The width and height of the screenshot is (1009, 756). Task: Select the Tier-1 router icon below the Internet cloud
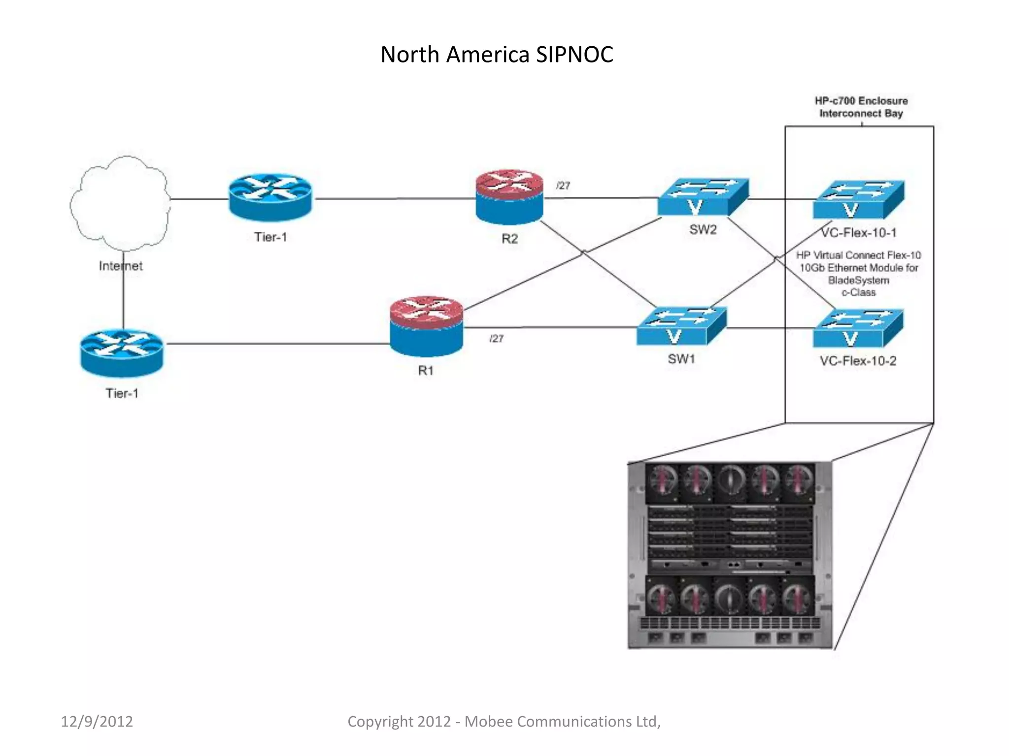(x=122, y=352)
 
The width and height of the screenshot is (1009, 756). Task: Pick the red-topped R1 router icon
(x=426, y=326)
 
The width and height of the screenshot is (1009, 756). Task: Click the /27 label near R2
(x=563, y=186)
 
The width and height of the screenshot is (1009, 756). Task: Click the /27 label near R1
(x=496, y=339)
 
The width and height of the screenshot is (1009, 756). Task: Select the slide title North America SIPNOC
(x=497, y=55)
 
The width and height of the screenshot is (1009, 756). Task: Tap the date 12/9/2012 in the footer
(x=97, y=722)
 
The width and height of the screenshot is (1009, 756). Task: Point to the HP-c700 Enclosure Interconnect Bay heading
(x=861, y=107)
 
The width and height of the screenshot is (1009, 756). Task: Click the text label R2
(x=509, y=239)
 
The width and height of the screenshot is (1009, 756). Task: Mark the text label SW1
(x=681, y=359)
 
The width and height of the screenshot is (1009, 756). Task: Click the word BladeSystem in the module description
(x=858, y=280)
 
